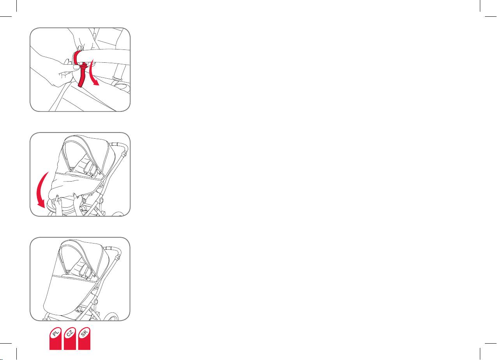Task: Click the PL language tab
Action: click(x=55, y=339)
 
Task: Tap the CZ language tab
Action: click(x=70, y=339)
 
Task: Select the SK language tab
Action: click(x=84, y=339)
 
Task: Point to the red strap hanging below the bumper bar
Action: click(x=82, y=75)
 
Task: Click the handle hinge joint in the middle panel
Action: click(x=125, y=154)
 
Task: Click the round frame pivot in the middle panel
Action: click(x=101, y=200)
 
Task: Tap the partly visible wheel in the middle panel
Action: click(x=118, y=214)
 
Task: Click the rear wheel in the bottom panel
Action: click(x=111, y=317)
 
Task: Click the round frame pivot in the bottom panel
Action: click(x=95, y=302)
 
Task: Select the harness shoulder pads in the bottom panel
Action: click(x=85, y=271)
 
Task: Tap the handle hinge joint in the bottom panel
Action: click(x=118, y=258)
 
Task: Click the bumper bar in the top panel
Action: click(x=104, y=56)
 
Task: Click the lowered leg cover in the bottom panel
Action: click(x=69, y=295)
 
